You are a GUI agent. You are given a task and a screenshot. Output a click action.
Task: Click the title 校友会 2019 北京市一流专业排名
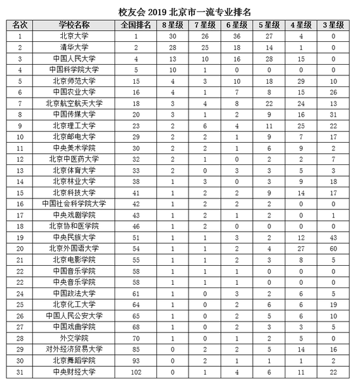179,9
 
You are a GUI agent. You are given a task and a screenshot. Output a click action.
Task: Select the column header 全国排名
136,24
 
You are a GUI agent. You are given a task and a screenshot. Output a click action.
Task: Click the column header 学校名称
74,24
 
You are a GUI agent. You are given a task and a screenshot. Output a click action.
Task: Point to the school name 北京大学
74,36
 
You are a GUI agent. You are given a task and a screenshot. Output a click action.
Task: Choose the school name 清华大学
74,47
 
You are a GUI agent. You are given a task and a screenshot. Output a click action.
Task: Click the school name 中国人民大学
74,58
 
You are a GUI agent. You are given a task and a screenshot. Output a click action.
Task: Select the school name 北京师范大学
74,81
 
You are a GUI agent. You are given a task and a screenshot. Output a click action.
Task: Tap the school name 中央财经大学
74,371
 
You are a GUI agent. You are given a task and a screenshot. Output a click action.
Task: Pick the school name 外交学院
74,338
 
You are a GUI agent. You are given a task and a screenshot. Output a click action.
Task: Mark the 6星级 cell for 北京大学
236,36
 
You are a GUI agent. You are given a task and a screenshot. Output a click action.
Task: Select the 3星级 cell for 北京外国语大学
334,249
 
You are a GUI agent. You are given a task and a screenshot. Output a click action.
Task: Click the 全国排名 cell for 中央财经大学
136,371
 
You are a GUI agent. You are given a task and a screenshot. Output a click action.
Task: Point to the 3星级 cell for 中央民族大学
334,238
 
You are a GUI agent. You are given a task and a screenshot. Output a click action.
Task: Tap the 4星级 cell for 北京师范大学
302,81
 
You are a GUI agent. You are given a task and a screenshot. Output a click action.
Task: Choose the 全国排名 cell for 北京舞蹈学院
136,360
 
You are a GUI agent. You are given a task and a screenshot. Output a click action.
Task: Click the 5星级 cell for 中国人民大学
269,58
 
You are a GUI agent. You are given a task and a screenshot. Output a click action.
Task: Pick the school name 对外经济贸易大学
74,349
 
